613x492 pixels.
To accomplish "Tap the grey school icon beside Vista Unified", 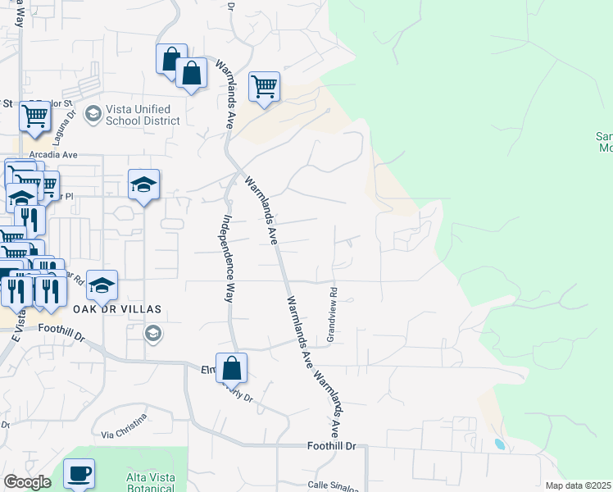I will pyautogui.click(x=92, y=113).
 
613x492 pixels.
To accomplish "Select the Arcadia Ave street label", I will pyautogui.click(x=52, y=154).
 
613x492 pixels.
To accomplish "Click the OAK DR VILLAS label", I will pyautogui.click(x=117, y=309).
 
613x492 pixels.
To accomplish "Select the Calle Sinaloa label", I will pyautogui.click(x=333, y=485).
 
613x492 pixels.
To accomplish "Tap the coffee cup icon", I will pyautogui.click(x=79, y=473).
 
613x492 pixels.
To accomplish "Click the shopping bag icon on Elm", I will pyautogui.click(x=231, y=368).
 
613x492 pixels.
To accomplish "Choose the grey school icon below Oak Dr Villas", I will pyautogui.click(x=152, y=333).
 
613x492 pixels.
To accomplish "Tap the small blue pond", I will pyautogui.click(x=500, y=444).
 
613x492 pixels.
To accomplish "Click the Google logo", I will pyautogui.click(x=27, y=482).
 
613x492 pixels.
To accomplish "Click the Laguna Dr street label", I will pyautogui.click(x=71, y=121).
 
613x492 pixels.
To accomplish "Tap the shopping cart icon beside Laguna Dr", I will pyautogui.click(x=35, y=116).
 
